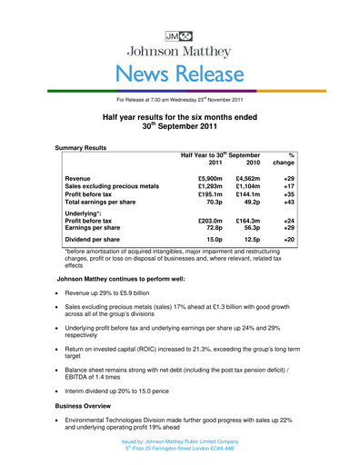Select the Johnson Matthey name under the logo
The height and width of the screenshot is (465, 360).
[x=179, y=38]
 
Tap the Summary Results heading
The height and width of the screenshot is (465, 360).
[x=81, y=146]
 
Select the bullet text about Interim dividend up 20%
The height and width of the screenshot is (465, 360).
[x=145, y=378]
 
